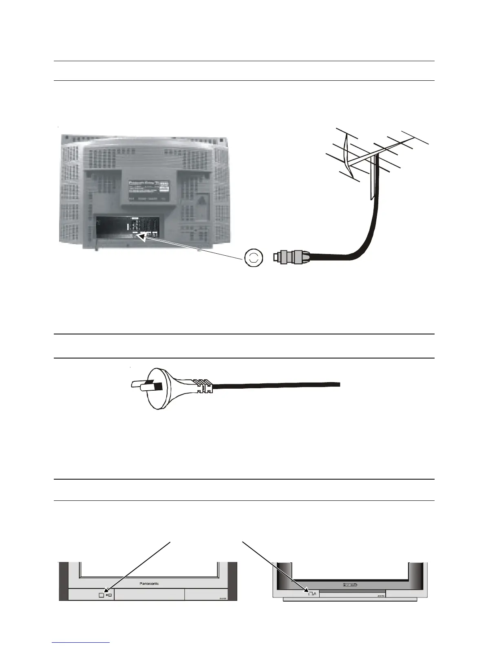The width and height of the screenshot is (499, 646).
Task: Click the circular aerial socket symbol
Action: [254, 257]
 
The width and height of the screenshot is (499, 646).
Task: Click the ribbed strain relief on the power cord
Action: [204, 386]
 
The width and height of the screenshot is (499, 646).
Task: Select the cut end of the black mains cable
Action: [338, 385]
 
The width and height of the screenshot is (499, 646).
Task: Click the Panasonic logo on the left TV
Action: [149, 584]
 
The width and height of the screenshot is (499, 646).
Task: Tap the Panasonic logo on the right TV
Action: [350, 585]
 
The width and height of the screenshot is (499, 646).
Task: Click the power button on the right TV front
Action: [310, 593]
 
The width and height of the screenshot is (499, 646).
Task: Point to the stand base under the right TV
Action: [350, 600]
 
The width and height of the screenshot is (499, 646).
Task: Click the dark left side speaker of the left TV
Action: [63, 581]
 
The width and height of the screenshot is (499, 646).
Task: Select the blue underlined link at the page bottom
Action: [81, 642]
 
